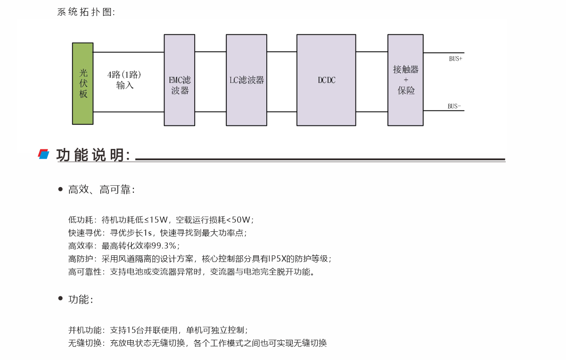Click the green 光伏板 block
pyautogui.click(x=83, y=83)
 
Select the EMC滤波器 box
pyautogui.click(x=180, y=80)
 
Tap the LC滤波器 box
pyautogui.click(x=246, y=80)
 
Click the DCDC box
pyautogui.click(x=326, y=80)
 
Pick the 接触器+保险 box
pyautogui.click(x=405, y=80)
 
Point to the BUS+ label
pyautogui.click(x=455, y=59)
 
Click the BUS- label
pyautogui.click(x=454, y=106)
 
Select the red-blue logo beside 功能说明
pyautogui.click(x=44, y=154)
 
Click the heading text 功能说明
pyautogui.click(x=93, y=155)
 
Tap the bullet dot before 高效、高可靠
pyautogui.click(x=60, y=189)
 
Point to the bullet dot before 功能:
pyautogui.click(x=60, y=298)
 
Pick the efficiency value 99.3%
pyautogui.click(x=164, y=245)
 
